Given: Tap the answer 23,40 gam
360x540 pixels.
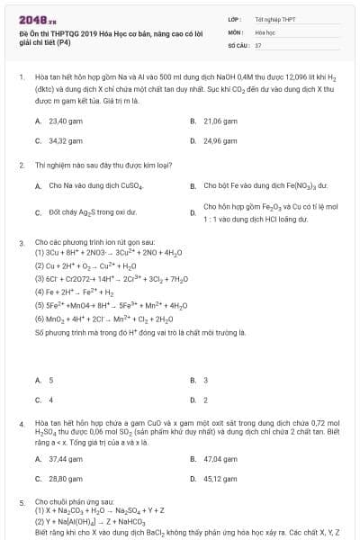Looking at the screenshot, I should click(66, 120).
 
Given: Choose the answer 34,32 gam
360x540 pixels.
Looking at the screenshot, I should click(66, 140).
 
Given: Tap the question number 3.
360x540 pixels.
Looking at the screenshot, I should click(21, 243).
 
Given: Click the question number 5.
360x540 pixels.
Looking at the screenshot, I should click(21, 501).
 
